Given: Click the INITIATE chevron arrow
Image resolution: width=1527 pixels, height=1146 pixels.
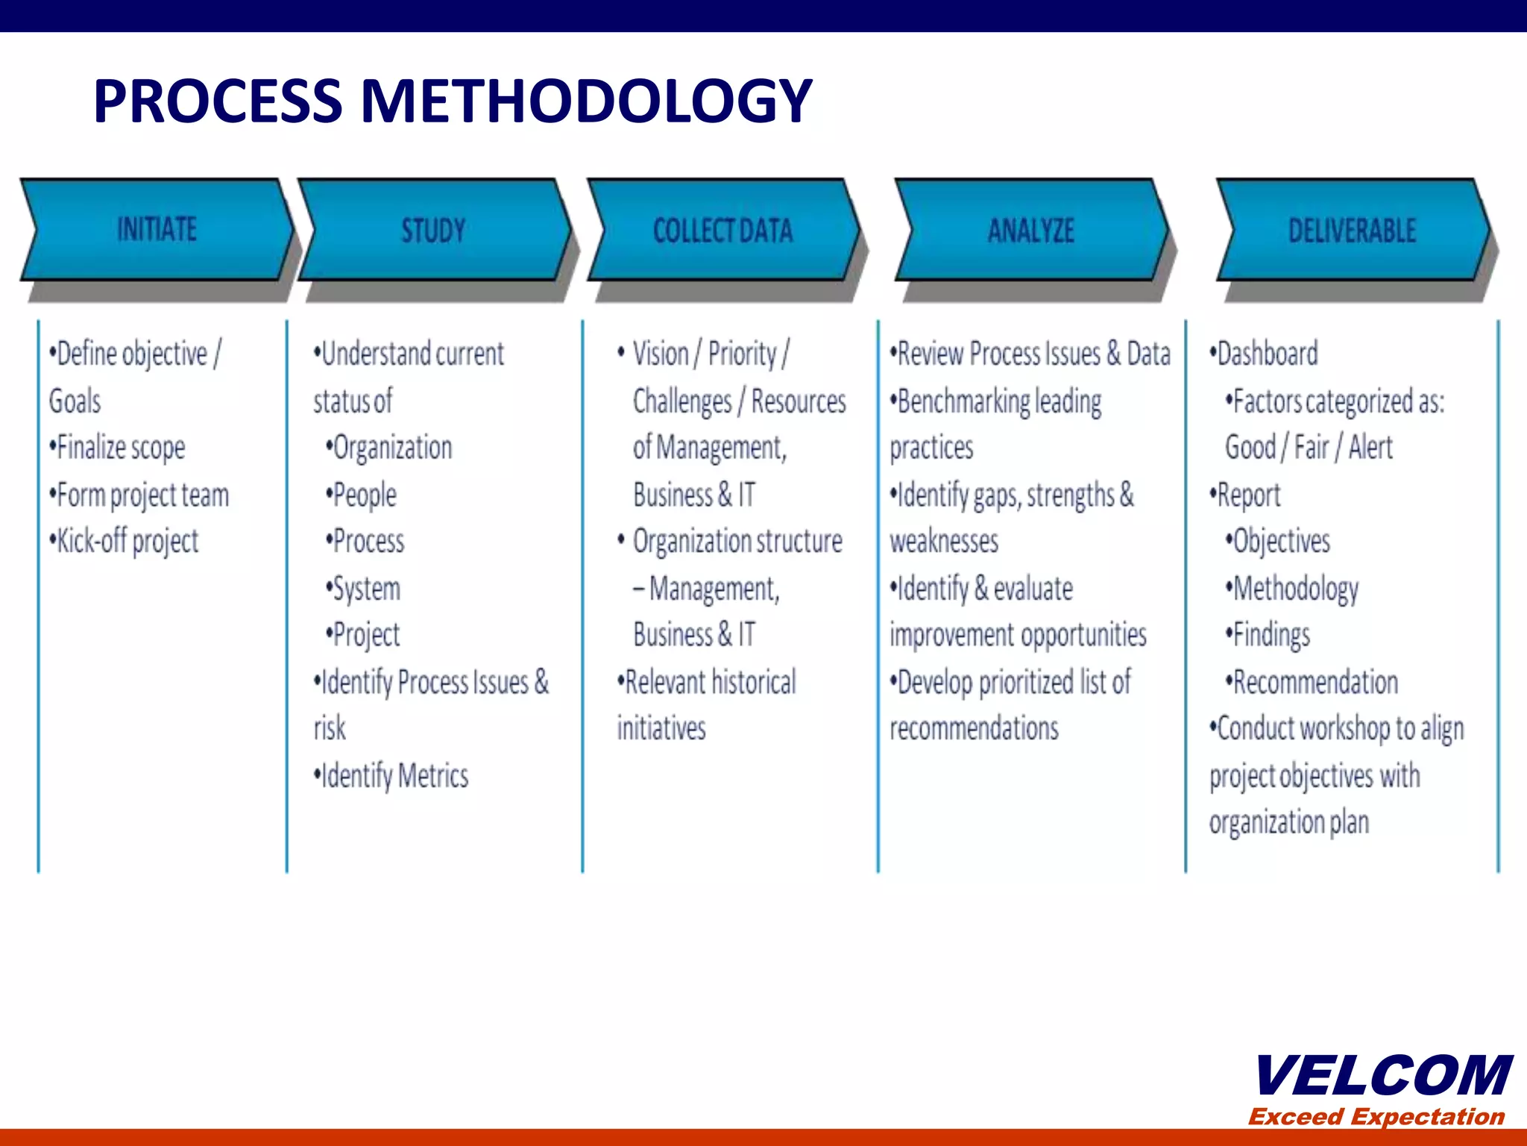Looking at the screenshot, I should point(157,230).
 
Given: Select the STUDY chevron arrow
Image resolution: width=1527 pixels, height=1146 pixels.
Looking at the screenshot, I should point(434,230).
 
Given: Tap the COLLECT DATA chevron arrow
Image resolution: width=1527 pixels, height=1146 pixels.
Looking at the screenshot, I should point(722,230).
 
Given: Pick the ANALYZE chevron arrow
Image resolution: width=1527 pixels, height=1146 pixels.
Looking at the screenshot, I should point(1031,230).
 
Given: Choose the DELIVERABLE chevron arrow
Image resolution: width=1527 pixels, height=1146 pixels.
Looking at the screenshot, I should point(1352,230).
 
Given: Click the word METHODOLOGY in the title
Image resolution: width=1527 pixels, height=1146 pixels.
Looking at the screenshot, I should point(586,101).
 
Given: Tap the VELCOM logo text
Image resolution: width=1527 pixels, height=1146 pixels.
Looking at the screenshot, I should point(1383,1076).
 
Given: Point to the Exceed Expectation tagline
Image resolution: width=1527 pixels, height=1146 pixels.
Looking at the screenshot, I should point(1376,1117).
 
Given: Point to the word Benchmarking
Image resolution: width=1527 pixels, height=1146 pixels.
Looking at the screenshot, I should point(963,401).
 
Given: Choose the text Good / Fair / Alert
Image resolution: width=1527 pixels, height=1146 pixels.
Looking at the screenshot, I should point(1309,448).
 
